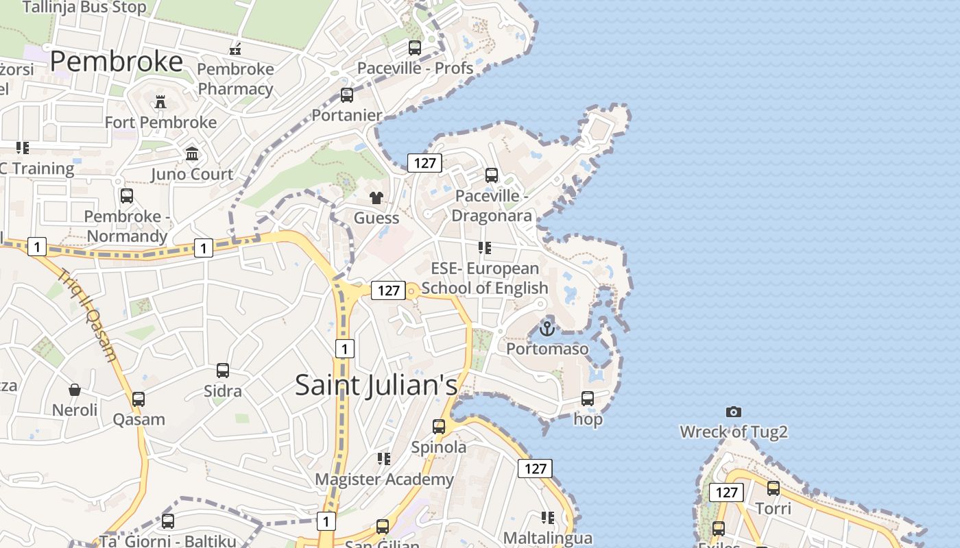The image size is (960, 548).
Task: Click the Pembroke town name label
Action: coord(117,62)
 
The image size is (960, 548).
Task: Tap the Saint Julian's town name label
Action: coord(376,385)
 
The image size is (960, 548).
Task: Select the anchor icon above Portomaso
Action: coord(547,329)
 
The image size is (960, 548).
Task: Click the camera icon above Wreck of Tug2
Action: coord(734,412)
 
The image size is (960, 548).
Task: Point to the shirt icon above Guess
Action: coord(376,199)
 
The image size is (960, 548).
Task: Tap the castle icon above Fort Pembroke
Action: coord(160,102)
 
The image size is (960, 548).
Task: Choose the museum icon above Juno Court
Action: coord(192,153)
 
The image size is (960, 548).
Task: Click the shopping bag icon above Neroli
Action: coord(75,390)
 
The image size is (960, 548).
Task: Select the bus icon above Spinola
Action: coord(439,427)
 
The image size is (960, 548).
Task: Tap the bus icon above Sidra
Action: coord(223,371)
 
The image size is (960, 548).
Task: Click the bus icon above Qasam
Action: coord(139,399)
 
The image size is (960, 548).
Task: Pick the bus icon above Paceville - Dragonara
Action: coord(492,175)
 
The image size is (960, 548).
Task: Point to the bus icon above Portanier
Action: coord(347,95)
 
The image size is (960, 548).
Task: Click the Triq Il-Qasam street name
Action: coord(88,314)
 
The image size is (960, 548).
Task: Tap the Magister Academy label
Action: coord(384,480)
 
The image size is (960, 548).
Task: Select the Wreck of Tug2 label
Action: coord(734,432)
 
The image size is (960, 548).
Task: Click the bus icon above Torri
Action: coord(773,488)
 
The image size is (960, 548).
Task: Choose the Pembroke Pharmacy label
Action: coord(235,79)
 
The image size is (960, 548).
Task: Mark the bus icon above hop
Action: coord(588,399)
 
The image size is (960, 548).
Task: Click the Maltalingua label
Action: coord(548,538)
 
